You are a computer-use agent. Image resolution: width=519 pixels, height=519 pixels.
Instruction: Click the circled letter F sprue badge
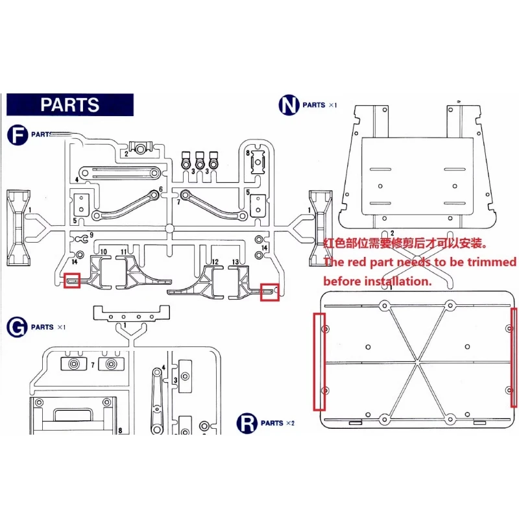[17, 134]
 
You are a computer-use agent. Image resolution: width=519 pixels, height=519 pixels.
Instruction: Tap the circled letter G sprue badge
[17, 326]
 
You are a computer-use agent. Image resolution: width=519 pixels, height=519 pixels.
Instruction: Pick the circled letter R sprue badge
[247, 422]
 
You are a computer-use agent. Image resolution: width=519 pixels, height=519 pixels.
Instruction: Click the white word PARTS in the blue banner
[69, 105]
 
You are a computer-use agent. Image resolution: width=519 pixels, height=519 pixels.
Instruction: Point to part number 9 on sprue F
[91, 234]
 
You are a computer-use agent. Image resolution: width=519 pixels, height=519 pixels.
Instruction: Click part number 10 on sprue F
[103, 250]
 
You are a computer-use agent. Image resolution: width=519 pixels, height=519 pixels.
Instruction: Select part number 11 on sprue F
[124, 250]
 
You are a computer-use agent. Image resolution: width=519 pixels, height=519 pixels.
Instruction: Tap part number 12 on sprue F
[214, 261]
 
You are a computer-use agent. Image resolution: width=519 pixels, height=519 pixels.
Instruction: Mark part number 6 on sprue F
[160, 190]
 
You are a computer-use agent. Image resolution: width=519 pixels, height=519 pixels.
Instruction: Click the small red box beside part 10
[71, 280]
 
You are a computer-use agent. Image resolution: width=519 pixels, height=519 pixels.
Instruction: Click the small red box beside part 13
[269, 292]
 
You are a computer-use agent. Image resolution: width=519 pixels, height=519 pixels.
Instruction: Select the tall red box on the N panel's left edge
[319, 361]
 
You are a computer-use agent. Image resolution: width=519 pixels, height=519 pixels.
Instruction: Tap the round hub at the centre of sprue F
[169, 228]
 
